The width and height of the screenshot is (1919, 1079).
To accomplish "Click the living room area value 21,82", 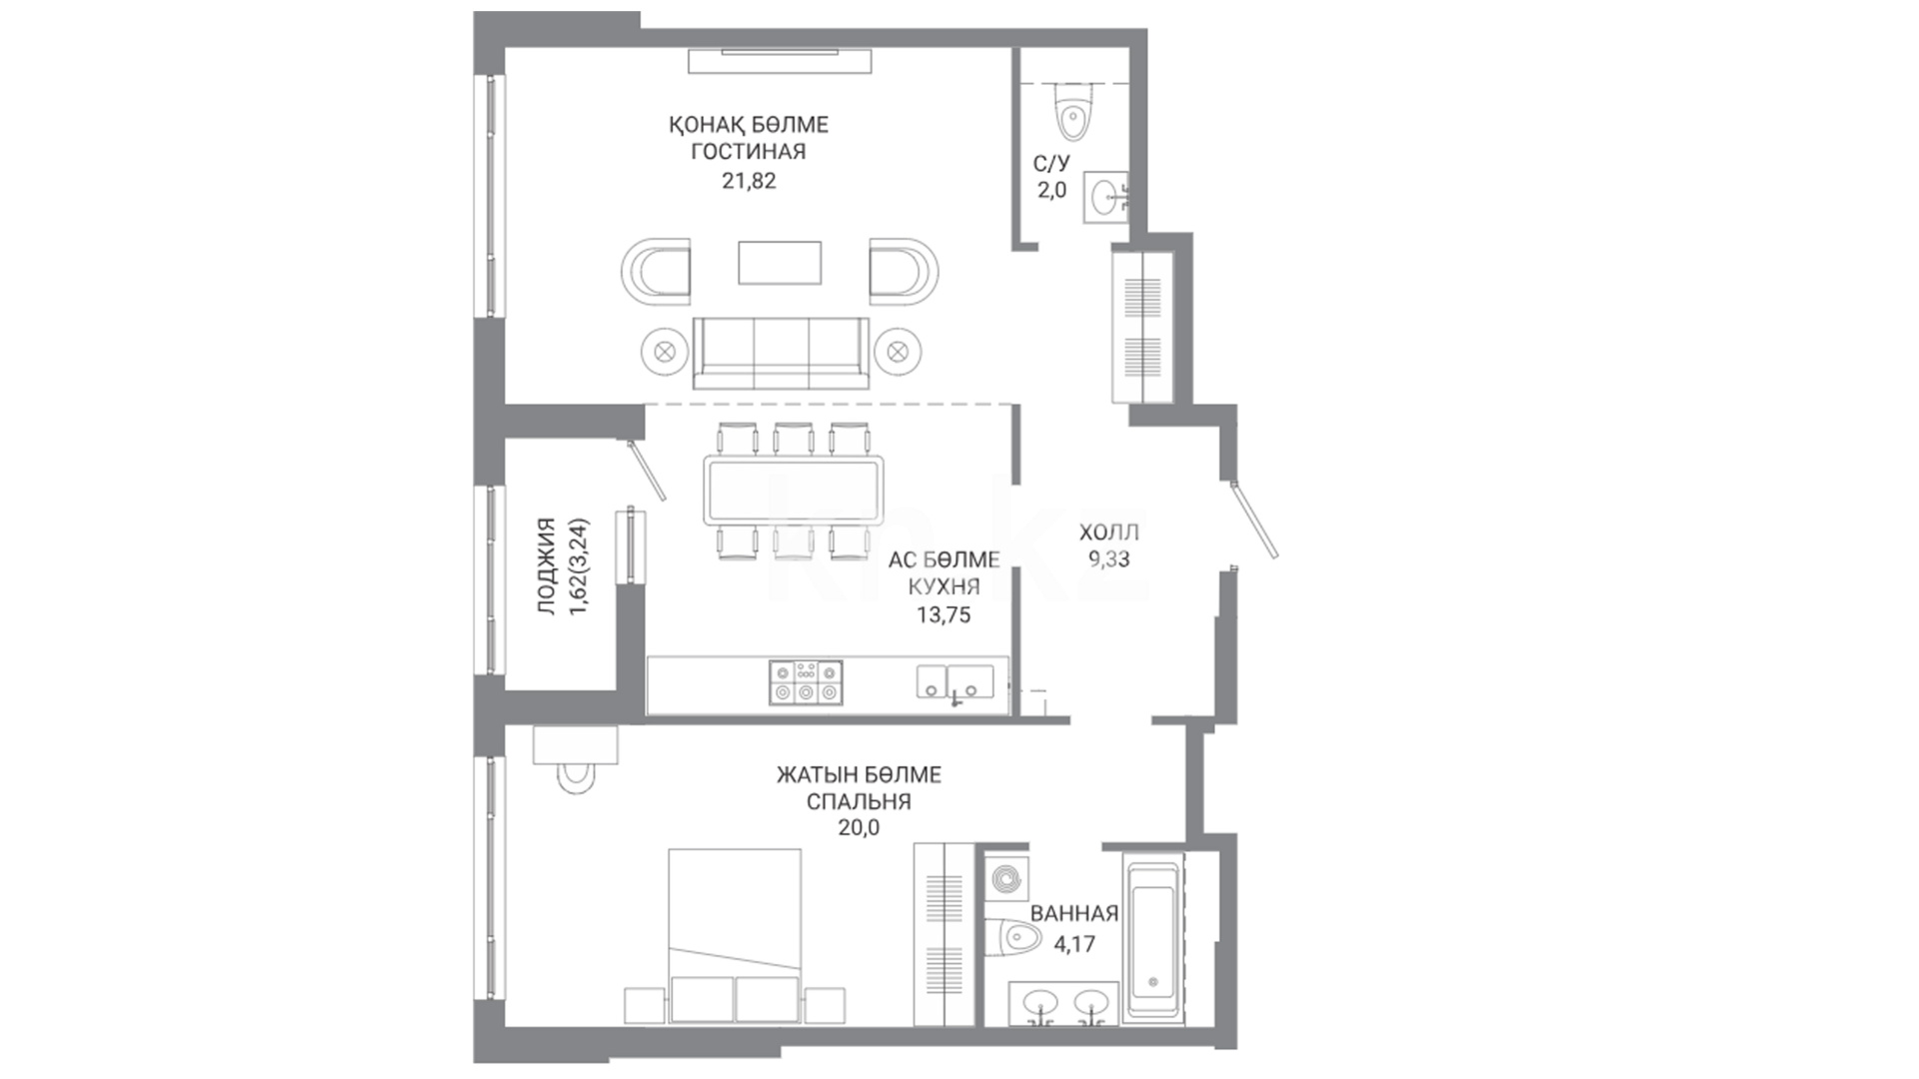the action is point(749,181).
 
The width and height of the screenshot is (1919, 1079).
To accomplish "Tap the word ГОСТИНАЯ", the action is point(749,152).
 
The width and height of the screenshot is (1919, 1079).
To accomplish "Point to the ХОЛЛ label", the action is point(1109,533).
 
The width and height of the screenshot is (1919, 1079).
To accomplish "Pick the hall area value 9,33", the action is point(1109,559).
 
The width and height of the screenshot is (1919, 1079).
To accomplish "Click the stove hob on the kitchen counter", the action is point(806,682).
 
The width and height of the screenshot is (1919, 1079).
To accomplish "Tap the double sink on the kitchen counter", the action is point(956,682).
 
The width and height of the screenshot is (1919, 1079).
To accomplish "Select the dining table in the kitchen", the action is point(795,491).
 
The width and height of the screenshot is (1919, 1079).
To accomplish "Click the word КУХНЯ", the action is point(944,587).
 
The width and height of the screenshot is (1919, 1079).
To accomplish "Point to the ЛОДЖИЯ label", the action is point(547,565).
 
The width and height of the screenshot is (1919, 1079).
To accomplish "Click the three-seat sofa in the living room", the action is point(782,354).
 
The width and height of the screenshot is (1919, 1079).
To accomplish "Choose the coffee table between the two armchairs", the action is point(780,262).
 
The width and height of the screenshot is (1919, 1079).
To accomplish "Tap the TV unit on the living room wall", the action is point(780,60).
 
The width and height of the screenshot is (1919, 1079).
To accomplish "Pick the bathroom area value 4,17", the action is point(1074,943).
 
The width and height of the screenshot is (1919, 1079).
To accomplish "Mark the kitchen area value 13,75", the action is point(944,615).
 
